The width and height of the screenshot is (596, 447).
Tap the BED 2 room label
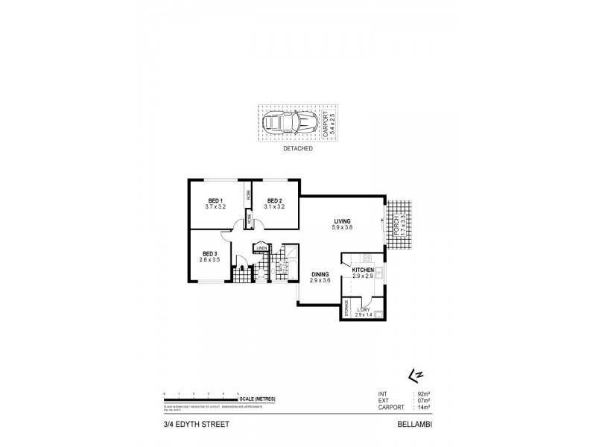click(273, 200)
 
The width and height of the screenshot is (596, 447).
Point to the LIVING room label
click(342, 221)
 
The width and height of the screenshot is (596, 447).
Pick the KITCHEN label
click(363, 270)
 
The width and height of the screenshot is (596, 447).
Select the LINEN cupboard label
click(261, 249)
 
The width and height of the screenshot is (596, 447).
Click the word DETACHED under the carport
click(297, 149)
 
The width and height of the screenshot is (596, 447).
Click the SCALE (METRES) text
click(257, 399)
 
